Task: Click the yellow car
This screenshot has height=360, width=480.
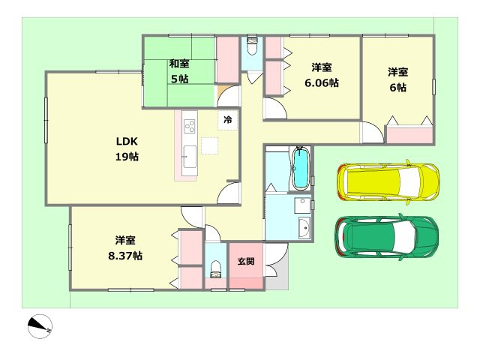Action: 388,181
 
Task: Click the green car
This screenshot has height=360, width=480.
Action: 385,235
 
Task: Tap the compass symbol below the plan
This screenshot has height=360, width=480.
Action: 40,326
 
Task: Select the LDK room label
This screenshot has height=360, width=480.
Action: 126,141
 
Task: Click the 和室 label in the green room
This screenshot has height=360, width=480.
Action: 178,64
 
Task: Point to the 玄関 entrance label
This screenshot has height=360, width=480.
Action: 246,262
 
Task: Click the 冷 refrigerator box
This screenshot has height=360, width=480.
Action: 227,119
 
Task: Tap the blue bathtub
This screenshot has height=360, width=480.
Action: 301,169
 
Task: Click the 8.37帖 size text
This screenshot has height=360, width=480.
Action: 126,256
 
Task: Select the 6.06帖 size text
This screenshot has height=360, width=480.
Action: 322,82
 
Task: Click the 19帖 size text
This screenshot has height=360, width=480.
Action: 126,157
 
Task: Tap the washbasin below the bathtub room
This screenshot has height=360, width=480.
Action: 304,228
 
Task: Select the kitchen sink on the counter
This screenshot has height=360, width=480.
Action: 188,157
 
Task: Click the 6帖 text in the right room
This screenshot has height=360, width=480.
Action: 397,87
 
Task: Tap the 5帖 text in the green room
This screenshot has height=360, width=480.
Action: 178,79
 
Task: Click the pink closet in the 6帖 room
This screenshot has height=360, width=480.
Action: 409,136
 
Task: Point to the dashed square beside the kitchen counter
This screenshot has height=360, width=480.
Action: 209,145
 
